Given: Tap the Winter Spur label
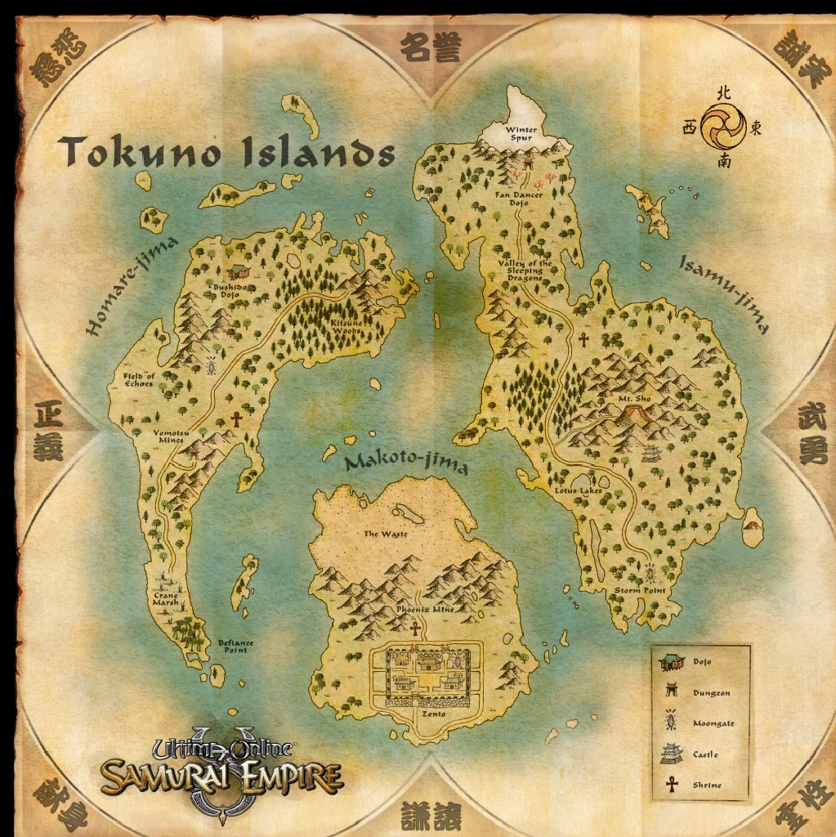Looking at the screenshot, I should point(521,134).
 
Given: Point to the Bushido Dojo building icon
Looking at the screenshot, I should point(238,271).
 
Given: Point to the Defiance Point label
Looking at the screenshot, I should point(235,647).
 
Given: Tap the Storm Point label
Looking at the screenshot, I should point(639,590).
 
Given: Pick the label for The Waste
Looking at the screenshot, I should point(385,535).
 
